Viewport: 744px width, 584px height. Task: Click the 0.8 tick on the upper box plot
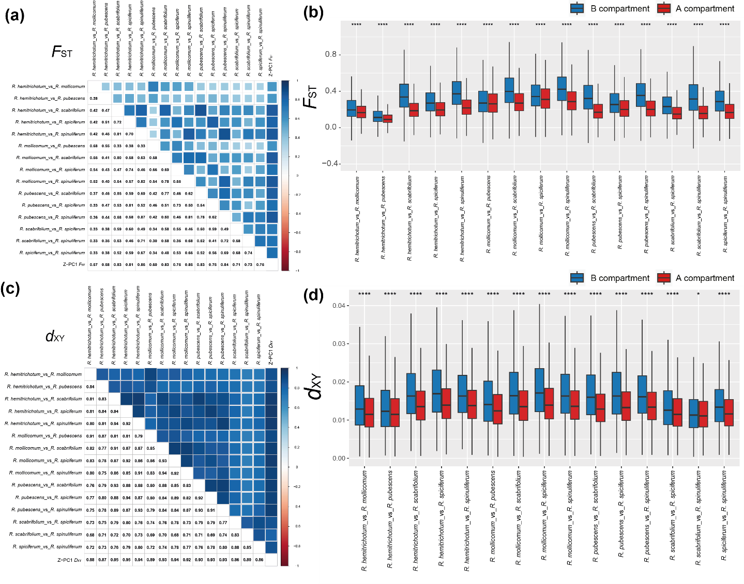click(330, 55)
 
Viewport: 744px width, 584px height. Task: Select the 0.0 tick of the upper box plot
click(330, 127)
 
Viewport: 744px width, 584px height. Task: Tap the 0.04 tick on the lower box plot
click(339, 306)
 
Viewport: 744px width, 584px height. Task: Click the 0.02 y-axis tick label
click(339, 382)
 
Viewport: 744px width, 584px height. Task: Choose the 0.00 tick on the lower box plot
click(339, 459)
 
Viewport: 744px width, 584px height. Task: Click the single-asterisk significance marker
click(699, 294)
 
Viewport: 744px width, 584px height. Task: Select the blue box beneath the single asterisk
click(693, 413)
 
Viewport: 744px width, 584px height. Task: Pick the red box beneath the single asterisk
click(704, 414)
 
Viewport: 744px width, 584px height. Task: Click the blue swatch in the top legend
click(577, 9)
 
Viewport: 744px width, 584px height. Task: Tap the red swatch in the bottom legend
click(664, 278)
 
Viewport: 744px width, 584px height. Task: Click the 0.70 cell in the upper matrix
click(129, 134)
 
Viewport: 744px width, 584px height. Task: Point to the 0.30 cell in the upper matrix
click(153, 241)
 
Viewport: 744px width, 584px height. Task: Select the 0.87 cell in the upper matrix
click(141, 217)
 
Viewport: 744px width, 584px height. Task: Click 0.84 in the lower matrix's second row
click(90, 387)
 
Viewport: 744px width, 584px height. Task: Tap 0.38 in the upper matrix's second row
click(94, 99)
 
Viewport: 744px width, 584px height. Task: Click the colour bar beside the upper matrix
click(284, 176)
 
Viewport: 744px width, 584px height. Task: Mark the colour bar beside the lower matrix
click(284, 467)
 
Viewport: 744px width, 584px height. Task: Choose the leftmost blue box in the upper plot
click(352, 108)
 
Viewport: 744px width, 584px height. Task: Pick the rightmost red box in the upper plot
click(730, 112)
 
